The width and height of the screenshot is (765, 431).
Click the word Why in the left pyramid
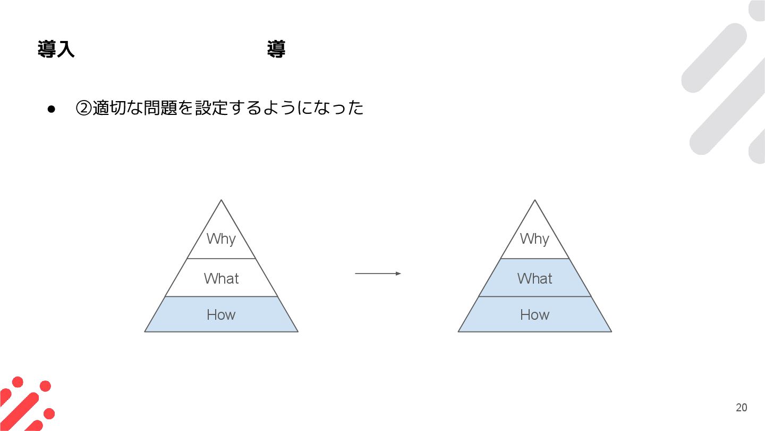pyautogui.click(x=221, y=238)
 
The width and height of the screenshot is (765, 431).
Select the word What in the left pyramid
pyautogui.click(x=221, y=278)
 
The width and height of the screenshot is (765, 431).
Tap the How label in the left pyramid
pyautogui.click(x=221, y=314)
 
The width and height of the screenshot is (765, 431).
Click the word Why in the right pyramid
pyautogui.click(x=534, y=238)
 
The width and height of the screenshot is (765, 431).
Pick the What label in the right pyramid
pyautogui.click(x=534, y=278)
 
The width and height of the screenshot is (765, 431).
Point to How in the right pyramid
pyautogui.click(x=534, y=314)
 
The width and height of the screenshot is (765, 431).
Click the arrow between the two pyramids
pyautogui.click(x=378, y=273)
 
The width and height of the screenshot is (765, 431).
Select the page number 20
pyautogui.click(x=741, y=408)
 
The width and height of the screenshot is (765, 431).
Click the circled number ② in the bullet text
pyautogui.click(x=84, y=108)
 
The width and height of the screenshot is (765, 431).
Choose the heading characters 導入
pyautogui.click(x=56, y=49)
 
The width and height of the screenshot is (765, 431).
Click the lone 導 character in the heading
pyautogui.click(x=276, y=49)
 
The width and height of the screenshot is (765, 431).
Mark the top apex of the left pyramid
pyautogui.click(x=221, y=200)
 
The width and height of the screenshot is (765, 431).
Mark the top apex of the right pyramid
pyautogui.click(x=534, y=200)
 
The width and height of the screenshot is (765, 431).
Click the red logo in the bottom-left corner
pyautogui.click(x=27, y=404)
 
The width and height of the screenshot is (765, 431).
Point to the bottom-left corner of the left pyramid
pyautogui.click(x=145, y=331)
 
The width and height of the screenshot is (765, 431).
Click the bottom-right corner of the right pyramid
pyautogui.click(x=611, y=331)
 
